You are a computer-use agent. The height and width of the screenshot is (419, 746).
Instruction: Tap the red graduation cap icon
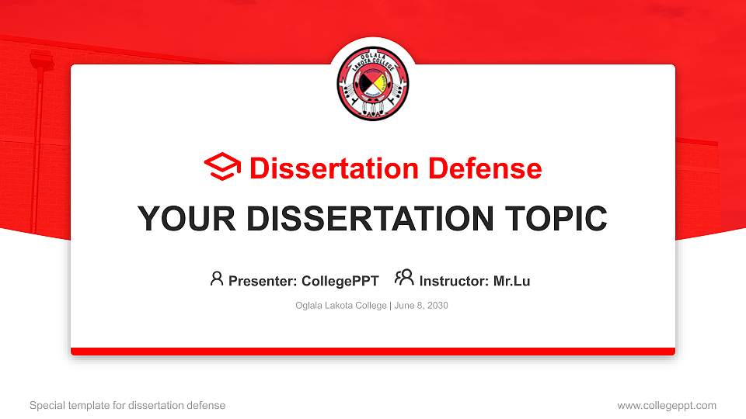[222, 168]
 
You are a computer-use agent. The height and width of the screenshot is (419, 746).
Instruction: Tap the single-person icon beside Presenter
[217, 279]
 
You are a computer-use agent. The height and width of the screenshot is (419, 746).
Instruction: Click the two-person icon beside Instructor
[404, 279]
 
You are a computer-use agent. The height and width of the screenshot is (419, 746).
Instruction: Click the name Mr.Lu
[511, 281]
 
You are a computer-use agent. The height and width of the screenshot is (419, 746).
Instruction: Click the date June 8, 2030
[421, 306]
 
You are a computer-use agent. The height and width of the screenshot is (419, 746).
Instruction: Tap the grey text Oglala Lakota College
[340, 306]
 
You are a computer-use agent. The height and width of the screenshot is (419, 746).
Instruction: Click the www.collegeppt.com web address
[667, 406]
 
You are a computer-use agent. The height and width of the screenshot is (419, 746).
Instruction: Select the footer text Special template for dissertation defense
[127, 406]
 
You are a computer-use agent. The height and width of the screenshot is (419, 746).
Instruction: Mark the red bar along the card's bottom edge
[373, 351]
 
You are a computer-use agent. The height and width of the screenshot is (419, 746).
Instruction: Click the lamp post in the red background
[37, 140]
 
